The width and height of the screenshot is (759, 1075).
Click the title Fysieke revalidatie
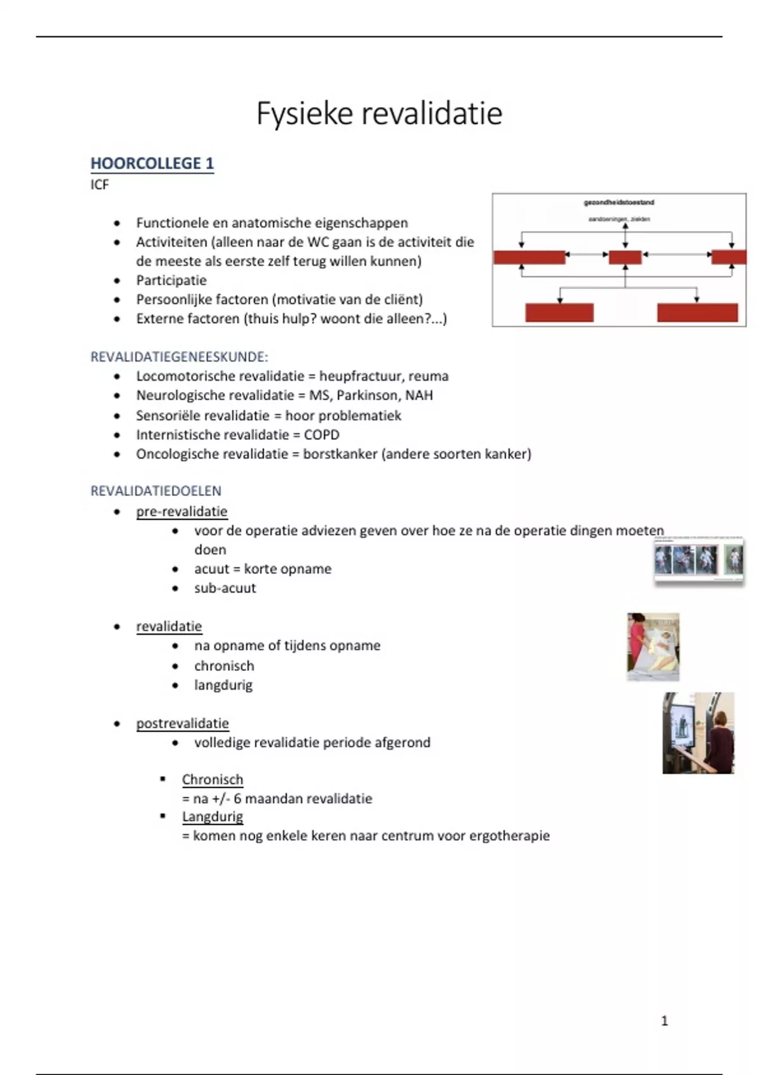point(379,114)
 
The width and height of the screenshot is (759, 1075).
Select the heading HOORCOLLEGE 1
point(152,163)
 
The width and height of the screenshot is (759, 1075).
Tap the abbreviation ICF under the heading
point(99,185)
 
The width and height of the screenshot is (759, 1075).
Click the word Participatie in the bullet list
point(171,280)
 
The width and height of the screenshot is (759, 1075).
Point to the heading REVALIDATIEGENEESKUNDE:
point(179,357)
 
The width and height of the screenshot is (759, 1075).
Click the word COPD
point(321,434)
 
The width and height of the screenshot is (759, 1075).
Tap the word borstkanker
point(340,453)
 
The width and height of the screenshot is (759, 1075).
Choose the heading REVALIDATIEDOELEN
point(156,491)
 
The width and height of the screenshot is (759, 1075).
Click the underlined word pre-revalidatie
point(182,511)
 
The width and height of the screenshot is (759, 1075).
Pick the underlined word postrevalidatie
point(182,723)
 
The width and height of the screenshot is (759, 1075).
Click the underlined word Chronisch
point(213,779)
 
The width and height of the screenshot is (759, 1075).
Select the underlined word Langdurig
point(213,816)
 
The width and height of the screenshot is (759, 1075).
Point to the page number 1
point(664,1020)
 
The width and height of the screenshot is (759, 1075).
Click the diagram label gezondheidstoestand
point(619,202)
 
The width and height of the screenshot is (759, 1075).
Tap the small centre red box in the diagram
point(625,257)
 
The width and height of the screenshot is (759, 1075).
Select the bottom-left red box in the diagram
point(559,312)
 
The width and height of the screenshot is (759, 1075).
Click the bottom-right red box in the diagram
point(697,312)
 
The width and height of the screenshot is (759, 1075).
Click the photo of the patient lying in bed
point(653,646)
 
